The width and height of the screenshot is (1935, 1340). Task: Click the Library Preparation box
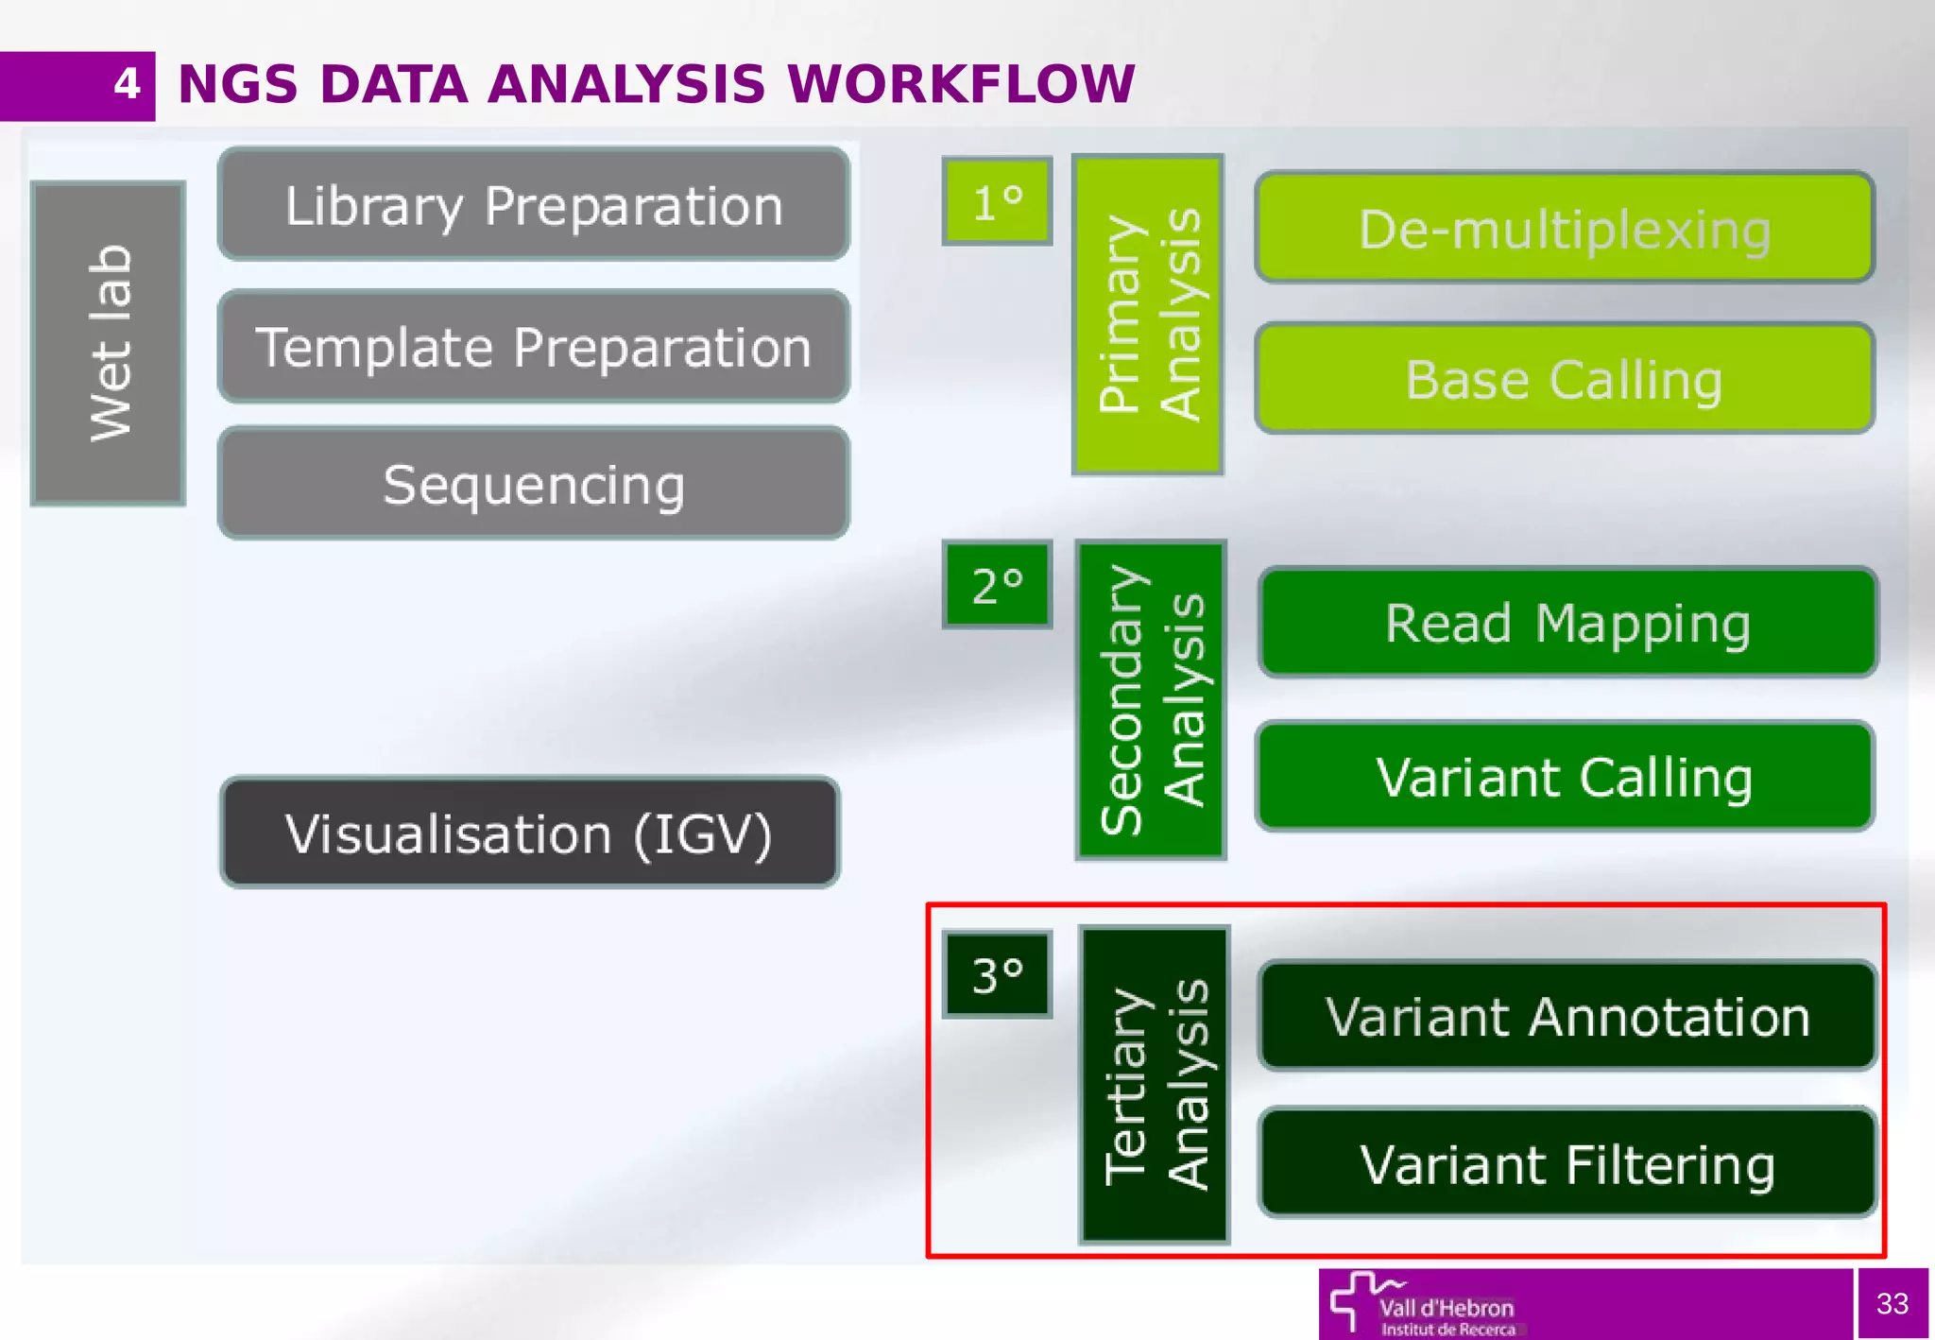click(x=534, y=204)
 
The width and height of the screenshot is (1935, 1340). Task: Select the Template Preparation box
click(x=534, y=347)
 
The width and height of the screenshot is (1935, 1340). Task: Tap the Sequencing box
click(x=534, y=484)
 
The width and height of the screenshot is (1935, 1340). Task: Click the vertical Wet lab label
click(x=109, y=344)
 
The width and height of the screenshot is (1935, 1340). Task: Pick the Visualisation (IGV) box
click(x=530, y=833)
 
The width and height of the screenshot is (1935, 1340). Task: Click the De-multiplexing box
click(x=1565, y=228)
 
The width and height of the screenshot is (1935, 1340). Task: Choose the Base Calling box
click(x=1565, y=379)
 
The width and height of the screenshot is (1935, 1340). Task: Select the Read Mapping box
click(x=1567, y=623)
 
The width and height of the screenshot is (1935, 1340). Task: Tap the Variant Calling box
click(x=1565, y=777)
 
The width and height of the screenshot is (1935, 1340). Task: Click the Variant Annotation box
click(x=1567, y=1017)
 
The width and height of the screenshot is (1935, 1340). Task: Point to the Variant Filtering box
click(x=1567, y=1163)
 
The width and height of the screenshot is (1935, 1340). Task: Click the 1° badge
click(x=997, y=201)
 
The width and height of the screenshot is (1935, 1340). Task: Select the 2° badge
click(x=997, y=585)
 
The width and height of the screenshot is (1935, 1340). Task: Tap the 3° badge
click(x=997, y=974)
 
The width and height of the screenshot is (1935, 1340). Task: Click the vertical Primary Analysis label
click(x=1148, y=315)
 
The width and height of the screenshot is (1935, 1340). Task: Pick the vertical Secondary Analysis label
click(x=1151, y=700)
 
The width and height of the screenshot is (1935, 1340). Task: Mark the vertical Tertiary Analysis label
click(x=1154, y=1085)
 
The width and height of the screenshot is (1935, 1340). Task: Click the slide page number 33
click(x=1892, y=1304)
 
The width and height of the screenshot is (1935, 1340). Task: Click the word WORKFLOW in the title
click(x=961, y=84)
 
